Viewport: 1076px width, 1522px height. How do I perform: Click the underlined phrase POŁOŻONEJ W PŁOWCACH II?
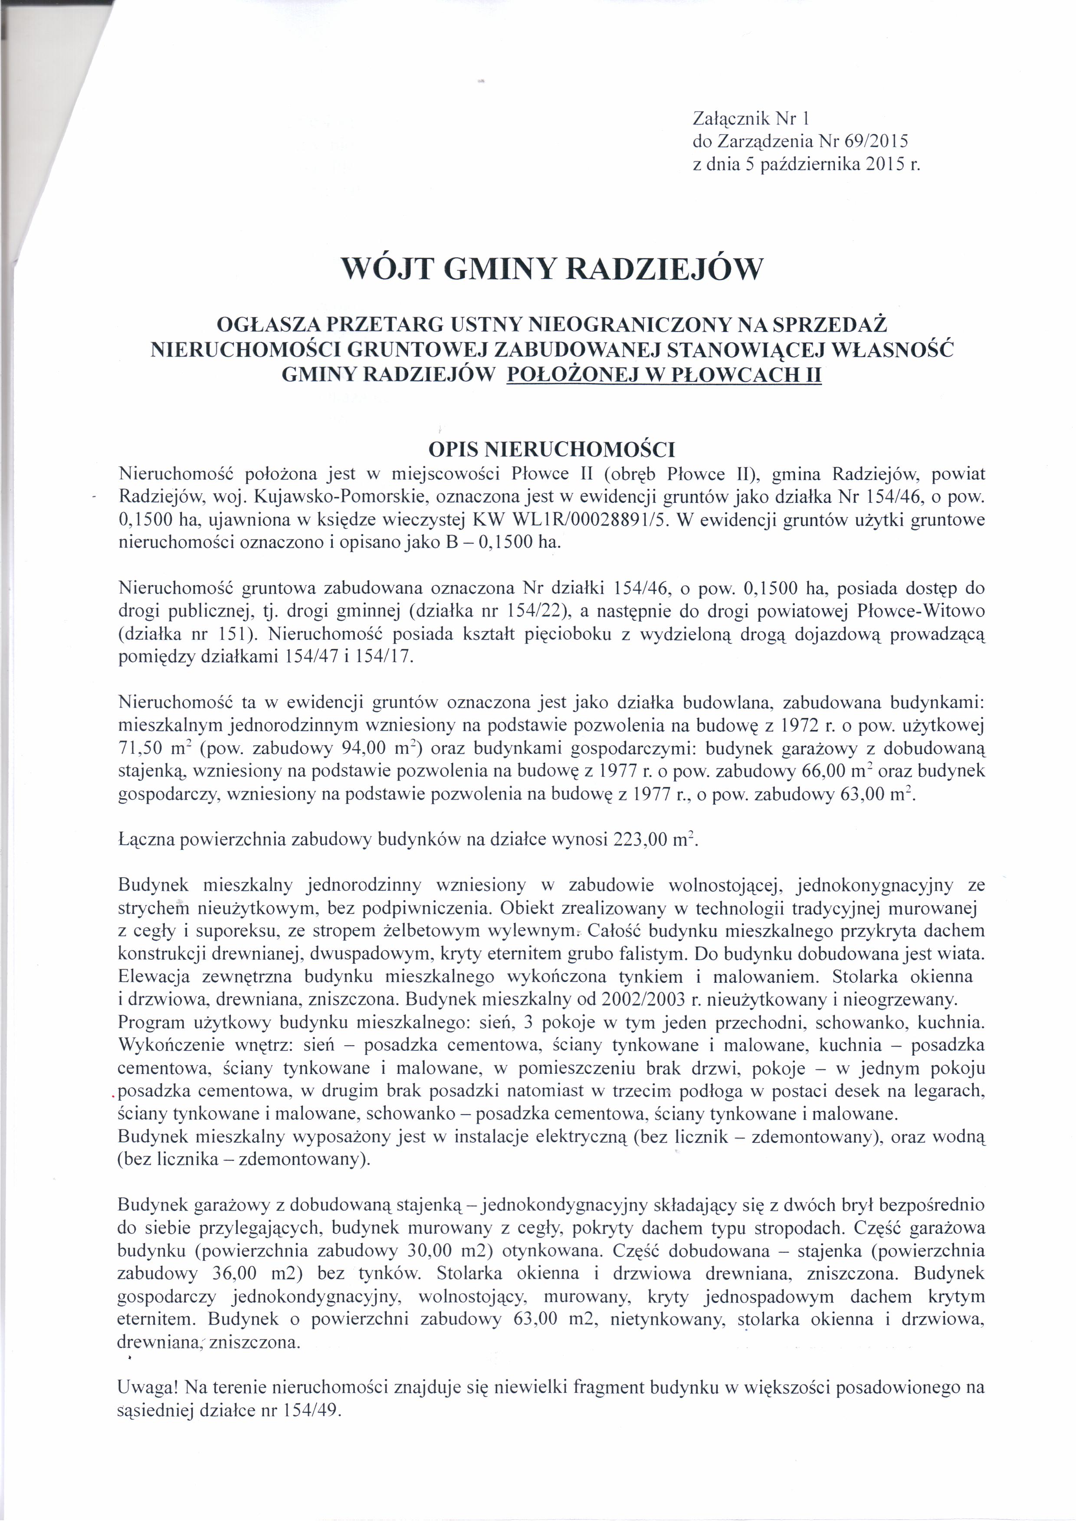pyautogui.click(x=664, y=375)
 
